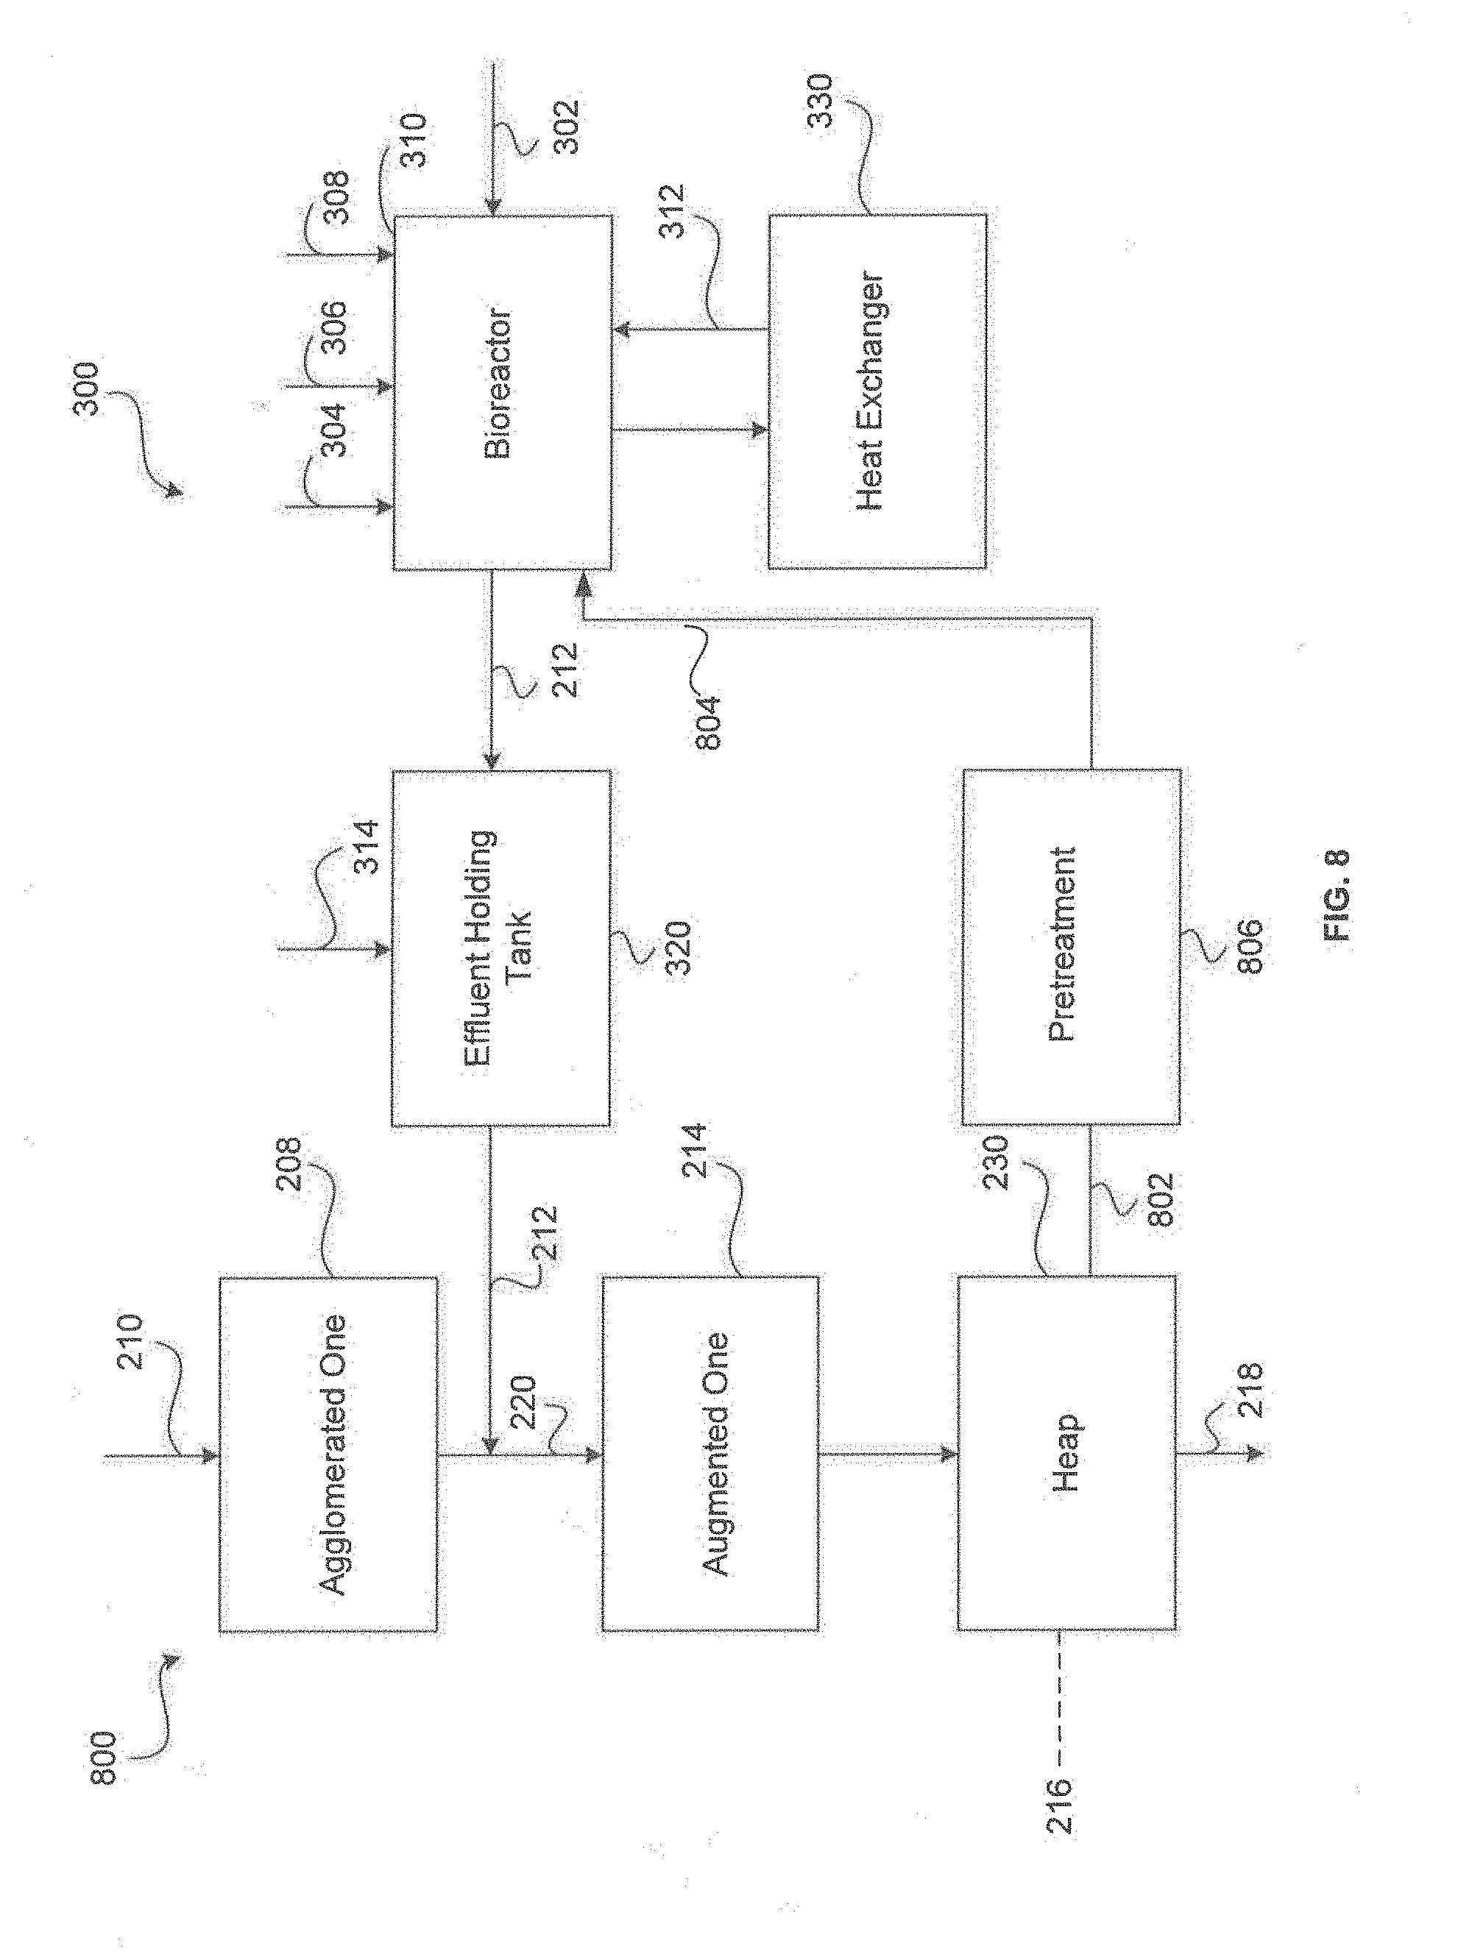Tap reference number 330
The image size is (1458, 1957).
tap(821, 102)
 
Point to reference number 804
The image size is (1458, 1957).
tap(707, 722)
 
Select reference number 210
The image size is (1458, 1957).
tap(130, 1341)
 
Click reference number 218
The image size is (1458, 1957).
tap(1250, 1390)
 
